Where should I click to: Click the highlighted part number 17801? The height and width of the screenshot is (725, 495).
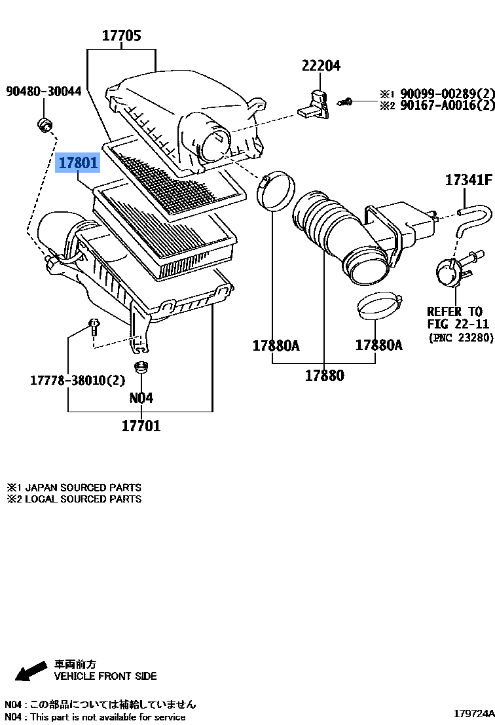click(79, 162)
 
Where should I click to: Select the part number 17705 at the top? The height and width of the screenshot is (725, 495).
click(121, 36)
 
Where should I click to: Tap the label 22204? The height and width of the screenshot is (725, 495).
click(321, 65)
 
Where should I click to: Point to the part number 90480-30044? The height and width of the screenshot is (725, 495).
click(44, 92)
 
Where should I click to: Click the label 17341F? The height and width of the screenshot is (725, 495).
click(468, 180)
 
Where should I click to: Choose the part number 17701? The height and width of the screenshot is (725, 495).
click(141, 426)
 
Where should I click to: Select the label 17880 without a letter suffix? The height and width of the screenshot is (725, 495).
click(324, 376)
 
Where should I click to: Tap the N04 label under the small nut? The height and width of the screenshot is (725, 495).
click(141, 398)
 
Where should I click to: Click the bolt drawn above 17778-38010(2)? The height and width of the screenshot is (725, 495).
click(93, 325)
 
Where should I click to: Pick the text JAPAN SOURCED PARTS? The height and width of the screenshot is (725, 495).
click(81, 487)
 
